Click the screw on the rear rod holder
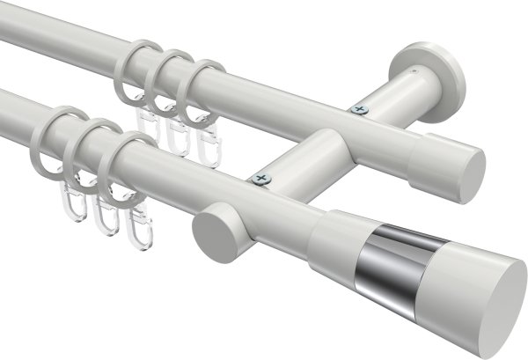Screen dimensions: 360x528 [x=358, y=110]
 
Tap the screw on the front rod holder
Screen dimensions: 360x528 [x=260, y=179]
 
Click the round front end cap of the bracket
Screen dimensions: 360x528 [x=209, y=232]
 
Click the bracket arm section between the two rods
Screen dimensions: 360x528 [x=308, y=154]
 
